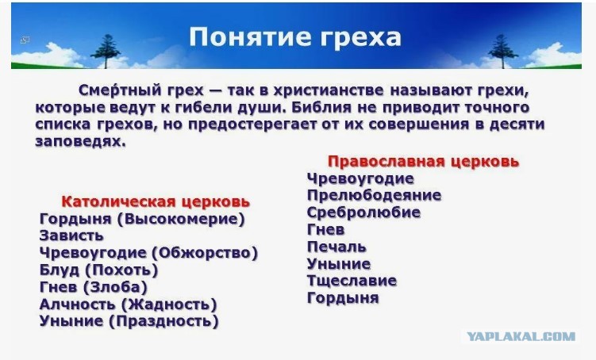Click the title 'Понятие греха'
(295, 36)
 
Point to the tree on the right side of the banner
(503, 52)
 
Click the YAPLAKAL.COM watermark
(521, 336)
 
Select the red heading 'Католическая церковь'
(156, 201)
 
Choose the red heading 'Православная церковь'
(423, 162)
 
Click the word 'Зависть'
(71, 236)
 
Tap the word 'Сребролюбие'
(363, 213)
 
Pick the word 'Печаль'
(336, 247)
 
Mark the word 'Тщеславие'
(352, 281)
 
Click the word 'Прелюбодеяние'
(374, 195)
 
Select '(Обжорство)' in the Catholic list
(205, 253)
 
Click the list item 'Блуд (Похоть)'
(99, 270)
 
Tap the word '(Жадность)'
(169, 304)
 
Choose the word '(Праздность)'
(163, 322)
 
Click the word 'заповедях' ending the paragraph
(80, 142)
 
